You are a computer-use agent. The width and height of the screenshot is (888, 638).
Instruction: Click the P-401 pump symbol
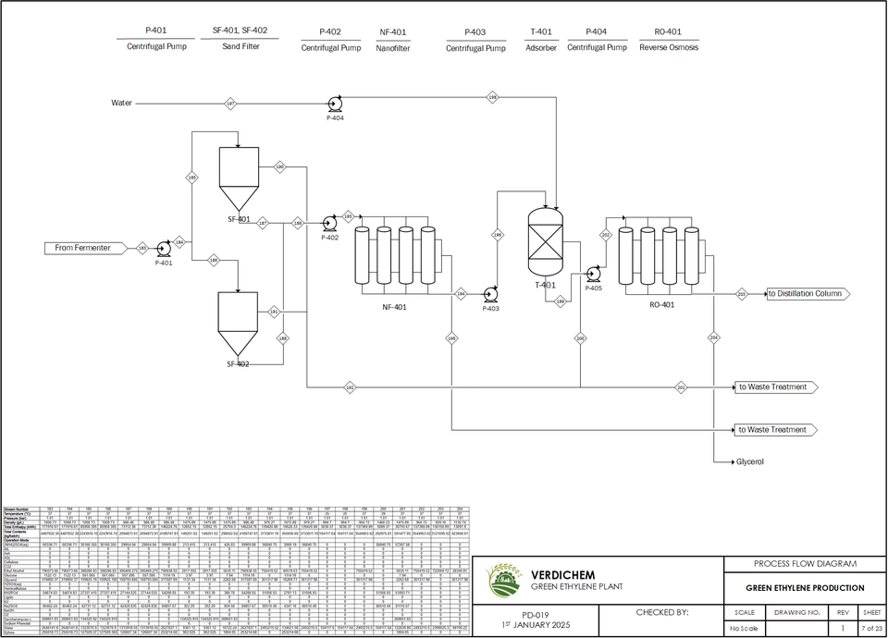coord(163,248)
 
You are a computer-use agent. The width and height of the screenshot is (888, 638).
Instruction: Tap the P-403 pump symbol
coord(489,294)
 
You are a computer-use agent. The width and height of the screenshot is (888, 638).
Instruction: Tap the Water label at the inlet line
coord(122,103)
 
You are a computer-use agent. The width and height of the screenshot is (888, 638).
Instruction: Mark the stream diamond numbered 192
coord(350,386)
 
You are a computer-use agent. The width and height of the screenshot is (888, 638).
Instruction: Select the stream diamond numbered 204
coord(713,338)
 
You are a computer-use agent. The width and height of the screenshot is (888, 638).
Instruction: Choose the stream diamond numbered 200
coord(580,338)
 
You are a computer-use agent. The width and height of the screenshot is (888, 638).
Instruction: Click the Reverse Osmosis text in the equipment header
coord(669,47)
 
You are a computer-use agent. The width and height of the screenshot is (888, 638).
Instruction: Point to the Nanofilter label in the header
coord(393,48)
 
